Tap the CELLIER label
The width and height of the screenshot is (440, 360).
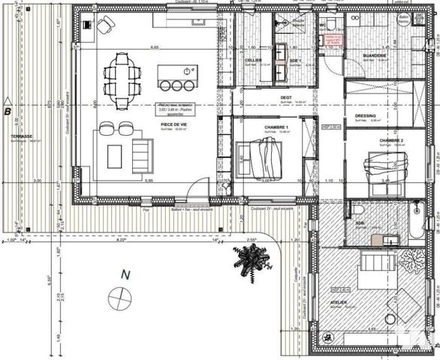click(253, 59)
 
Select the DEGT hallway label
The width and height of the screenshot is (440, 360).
click(286, 97)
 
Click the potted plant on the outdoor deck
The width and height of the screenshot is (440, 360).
click(250, 259)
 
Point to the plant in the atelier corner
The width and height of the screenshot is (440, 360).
click(411, 261)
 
